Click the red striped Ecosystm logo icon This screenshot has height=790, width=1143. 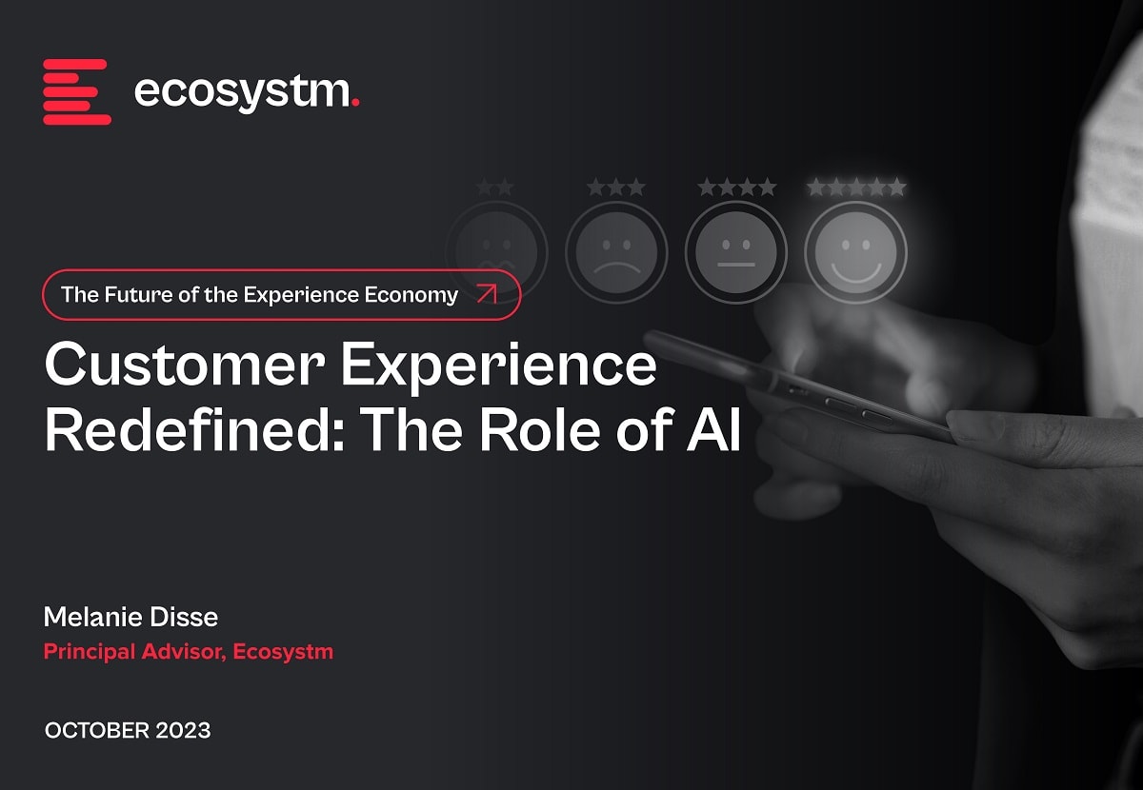(77, 91)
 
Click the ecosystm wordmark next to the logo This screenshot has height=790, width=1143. (243, 93)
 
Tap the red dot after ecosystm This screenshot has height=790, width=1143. (355, 103)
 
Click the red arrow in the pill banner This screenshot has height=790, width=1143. (487, 294)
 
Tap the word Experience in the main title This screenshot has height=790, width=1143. (498, 368)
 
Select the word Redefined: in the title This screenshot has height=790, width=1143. (194, 427)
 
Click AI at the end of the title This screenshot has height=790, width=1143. (713, 429)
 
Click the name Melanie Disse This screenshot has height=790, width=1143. (130, 617)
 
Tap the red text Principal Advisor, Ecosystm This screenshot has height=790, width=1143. (189, 652)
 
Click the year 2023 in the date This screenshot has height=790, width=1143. (183, 730)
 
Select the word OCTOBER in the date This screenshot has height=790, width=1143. (97, 730)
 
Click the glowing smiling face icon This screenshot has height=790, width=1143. (855, 253)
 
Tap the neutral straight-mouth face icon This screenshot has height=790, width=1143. (735, 253)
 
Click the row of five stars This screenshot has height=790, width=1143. (856, 188)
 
